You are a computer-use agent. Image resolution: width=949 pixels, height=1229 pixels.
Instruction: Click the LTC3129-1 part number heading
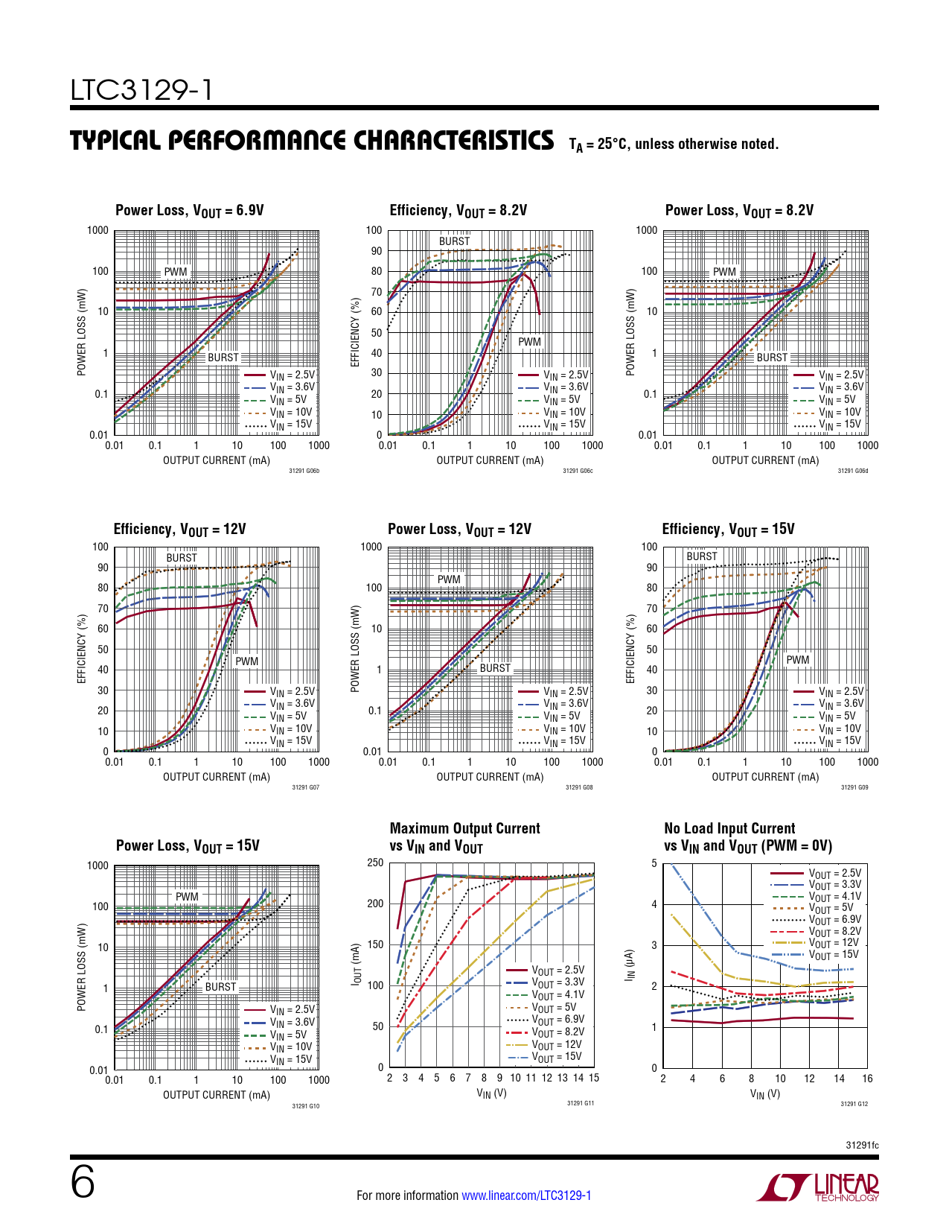pos(141,90)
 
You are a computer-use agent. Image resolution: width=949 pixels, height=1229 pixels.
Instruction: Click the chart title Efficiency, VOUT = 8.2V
pos(458,211)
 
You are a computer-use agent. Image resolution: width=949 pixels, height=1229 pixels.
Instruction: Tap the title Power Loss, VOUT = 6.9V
pos(190,211)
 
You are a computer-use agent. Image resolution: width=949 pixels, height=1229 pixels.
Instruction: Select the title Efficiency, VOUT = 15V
pos(728,530)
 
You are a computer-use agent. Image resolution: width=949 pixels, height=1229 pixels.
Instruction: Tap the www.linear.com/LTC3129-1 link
pos(526,1195)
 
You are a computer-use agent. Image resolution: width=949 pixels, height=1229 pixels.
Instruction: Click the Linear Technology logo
pos(817,1187)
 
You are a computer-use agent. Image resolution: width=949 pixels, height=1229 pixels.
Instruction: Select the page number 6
pos(83,1182)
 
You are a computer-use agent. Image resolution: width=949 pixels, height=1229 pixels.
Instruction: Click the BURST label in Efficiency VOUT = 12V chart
pos(182,558)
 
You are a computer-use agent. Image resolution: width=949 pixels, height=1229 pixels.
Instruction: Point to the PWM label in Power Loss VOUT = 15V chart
pos(187,897)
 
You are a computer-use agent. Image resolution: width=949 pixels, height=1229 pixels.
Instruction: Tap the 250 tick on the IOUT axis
pos(375,863)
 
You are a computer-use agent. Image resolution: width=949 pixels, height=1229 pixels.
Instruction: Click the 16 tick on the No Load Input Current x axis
pos(867,1079)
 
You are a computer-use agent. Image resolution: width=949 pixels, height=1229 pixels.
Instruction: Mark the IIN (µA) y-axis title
pos(630,965)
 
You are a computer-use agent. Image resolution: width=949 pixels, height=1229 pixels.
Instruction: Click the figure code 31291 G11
pos(581,1103)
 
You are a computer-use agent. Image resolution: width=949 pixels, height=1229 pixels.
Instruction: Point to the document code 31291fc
pos(862,1145)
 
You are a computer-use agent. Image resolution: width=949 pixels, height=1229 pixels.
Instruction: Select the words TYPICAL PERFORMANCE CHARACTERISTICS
pos(312,141)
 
